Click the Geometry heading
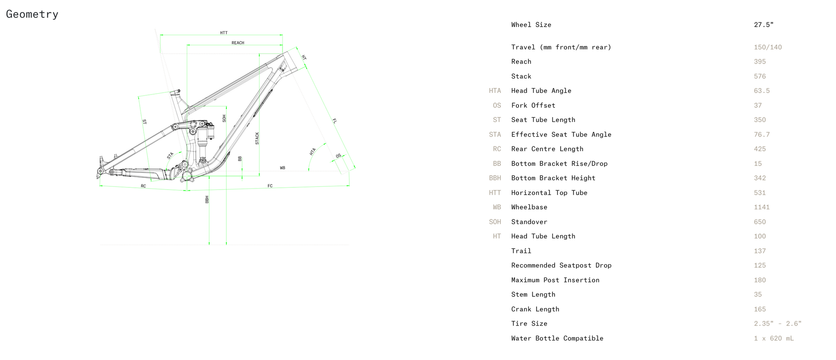click(32, 15)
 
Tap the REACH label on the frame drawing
click(238, 43)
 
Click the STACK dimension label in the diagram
click(257, 138)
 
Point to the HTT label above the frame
click(224, 33)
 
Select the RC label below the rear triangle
click(143, 186)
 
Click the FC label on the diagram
click(270, 186)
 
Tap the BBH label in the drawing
click(207, 200)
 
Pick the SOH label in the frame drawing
click(224, 119)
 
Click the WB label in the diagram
click(283, 168)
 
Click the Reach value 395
click(760, 62)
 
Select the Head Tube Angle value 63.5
click(762, 91)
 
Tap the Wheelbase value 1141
click(762, 207)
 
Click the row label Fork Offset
click(533, 105)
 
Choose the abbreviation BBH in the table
click(495, 178)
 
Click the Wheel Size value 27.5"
click(764, 25)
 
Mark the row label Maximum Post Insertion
click(555, 280)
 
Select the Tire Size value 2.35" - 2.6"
click(778, 323)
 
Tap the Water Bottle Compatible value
click(774, 339)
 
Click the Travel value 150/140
click(768, 47)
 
